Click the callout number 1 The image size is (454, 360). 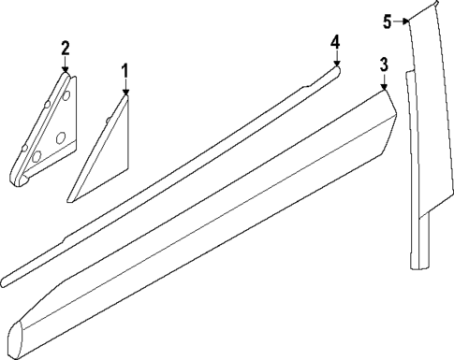pos(125,71)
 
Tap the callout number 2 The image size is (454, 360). pos(65,47)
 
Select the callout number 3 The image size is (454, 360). pos(384,65)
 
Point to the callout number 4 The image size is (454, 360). pos(336,42)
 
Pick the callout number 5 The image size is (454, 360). pos(388,20)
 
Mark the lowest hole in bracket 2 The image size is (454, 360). pos(37,158)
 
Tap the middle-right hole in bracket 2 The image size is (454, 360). pos(61,138)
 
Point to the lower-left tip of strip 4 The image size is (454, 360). pos(6,279)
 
